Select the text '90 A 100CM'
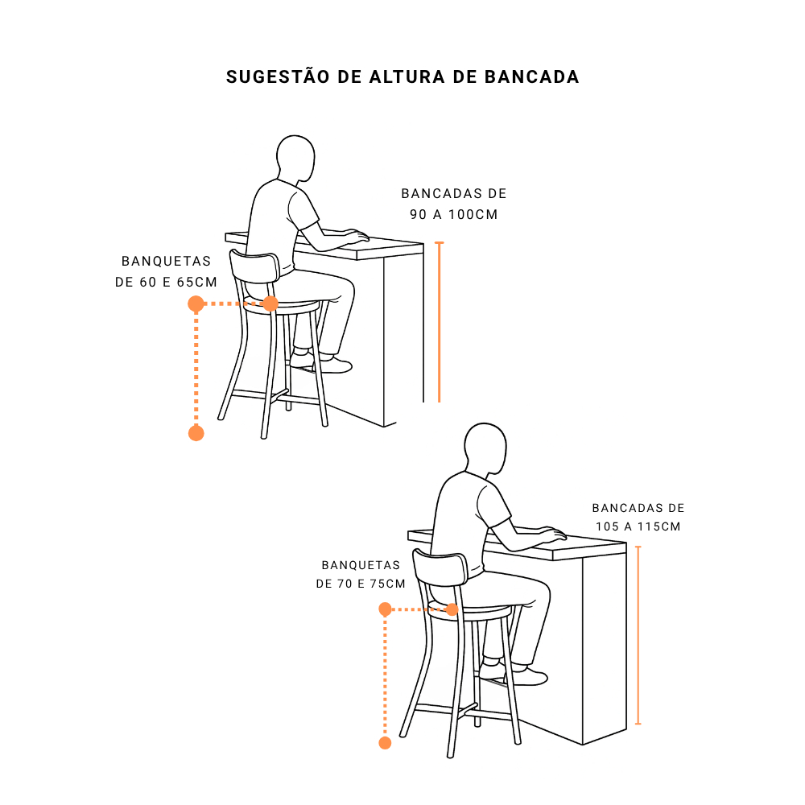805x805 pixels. (454, 215)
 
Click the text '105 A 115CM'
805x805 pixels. (638, 526)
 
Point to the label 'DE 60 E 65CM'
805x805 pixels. (167, 283)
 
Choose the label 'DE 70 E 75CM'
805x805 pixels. (361, 584)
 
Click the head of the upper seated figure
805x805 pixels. (295, 157)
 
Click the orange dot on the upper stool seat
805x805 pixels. (270, 303)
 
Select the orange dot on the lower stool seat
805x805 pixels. (452, 609)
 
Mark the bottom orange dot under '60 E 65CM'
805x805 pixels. (196, 433)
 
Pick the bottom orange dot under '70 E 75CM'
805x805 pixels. (385, 742)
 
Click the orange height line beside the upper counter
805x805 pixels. (439, 322)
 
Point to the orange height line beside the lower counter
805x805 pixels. (638, 636)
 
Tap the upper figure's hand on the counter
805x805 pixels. (357, 237)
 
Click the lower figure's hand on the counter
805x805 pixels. (552, 533)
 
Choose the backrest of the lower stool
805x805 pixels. (440, 567)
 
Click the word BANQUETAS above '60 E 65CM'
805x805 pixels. (167, 262)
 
